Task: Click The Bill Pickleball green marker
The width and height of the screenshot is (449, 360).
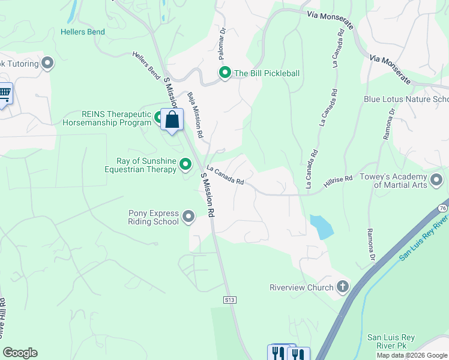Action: pyautogui.click(x=225, y=74)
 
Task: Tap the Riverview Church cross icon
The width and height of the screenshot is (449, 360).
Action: pyautogui.click(x=343, y=287)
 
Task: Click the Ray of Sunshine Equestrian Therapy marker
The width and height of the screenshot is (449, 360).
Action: pyautogui.click(x=185, y=164)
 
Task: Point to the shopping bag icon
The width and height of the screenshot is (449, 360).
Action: pyautogui.click(x=172, y=120)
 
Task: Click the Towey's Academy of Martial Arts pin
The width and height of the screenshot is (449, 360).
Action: pyautogui.click(x=436, y=179)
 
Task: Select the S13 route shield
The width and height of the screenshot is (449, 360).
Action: pyautogui.click(x=228, y=299)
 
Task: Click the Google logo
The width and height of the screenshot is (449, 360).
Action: pyautogui.click(x=20, y=353)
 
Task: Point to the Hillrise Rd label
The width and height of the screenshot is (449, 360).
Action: pyautogui.click(x=337, y=183)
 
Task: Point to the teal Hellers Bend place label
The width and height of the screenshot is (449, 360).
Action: pyautogui.click(x=83, y=32)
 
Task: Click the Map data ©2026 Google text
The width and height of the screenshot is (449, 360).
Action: pyautogui.click(x=411, y=355)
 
